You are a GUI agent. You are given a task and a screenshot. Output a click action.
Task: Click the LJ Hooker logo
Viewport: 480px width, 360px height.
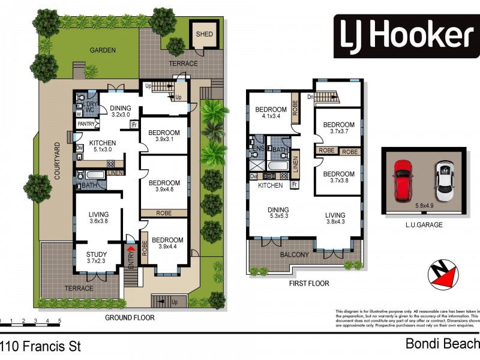pyautogui.click(x=403, y=36)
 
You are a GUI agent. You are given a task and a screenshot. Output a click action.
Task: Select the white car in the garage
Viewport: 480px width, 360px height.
pyautogui.click(x=444, y=179)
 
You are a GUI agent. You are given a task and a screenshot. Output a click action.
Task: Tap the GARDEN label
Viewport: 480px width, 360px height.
pyautogui.click(x=103, y=50)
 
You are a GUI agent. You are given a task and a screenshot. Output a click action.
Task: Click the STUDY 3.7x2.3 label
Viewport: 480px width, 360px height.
pyautogui.click(x=96, y=257)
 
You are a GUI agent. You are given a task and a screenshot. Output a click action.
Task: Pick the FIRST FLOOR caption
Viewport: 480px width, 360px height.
pyautogui.click(x=309, y=283)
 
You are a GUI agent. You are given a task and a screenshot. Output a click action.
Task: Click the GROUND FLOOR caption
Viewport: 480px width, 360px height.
pyautogui.click(x=130, y=317)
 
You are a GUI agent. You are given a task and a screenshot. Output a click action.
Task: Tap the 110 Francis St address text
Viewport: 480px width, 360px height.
pyautogui.click(x=41, y=346)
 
